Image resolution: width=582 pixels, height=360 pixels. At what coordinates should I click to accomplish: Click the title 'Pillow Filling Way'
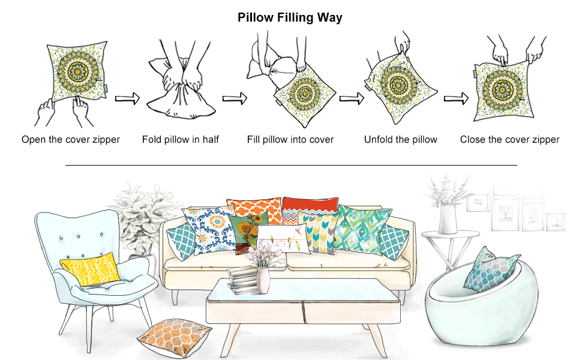(x=290, y=17)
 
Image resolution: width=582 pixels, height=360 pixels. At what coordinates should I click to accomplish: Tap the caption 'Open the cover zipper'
(x=71, y=140)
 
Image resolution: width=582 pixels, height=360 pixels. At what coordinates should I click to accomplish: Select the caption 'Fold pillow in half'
(x=181, y=140)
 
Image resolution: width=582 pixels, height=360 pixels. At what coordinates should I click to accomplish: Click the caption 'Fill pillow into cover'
(x=290, y=140)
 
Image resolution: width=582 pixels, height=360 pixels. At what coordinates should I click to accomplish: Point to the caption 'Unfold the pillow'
(x=401, y=140)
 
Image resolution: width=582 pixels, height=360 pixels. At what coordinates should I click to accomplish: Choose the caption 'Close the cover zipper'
(x=509, y=140)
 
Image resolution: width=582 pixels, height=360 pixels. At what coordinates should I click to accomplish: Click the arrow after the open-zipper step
(x=127, y=98)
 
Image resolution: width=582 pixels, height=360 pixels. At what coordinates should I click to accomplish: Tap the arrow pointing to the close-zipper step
(x=456, y=98)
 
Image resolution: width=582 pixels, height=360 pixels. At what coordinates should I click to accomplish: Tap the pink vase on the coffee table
(x=263, y=280)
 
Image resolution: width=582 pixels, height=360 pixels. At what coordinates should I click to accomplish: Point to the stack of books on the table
(x=241, y=281)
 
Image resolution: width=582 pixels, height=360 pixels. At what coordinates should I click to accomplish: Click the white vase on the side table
(x=448, y=219)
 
